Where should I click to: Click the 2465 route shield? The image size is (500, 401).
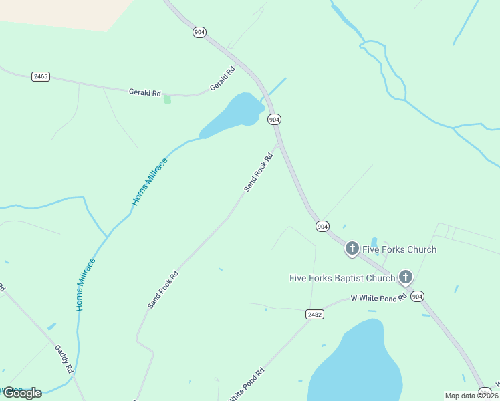pyautogui.click(x=41, y=76)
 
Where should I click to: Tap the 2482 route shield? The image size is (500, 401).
pyautogui.click(x=314, y=314)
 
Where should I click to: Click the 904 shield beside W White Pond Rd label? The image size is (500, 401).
pyautogui.click(x=418, y=296)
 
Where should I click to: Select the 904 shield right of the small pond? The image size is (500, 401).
pyautogui.click(x=274, y=119)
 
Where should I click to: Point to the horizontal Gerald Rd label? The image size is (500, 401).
pyautogui.click(x=144, y=92)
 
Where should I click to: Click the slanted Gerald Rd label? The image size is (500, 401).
pyautogui.click(x=223, y=78)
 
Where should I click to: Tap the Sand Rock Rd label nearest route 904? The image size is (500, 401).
pyautogui.click(x=259, y=172)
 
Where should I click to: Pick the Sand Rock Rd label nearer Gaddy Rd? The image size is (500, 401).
pyautogui.click(x=163, y=289)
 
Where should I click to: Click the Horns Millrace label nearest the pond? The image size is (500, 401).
pyautogui.click(x=149, y=181)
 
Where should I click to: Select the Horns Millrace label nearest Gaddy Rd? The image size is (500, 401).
pyautogui.click(x=85, y=284)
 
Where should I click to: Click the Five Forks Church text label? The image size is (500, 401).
pyautogui.click(x=399, y=249)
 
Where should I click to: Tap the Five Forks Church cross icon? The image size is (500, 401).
pyautogui.click(x=352, y=249)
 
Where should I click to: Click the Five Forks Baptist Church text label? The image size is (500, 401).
pyautogui.click(x=342, y=278)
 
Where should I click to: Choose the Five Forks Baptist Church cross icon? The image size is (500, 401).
pyautogui.click(x=405, y=277)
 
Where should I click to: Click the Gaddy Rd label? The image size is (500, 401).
pyautogui.click(x=64, y=359)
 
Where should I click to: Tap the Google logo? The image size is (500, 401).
pyautogui.click(x=22, y=392)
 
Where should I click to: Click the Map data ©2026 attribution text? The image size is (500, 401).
pyautogui.click(x=471, y=396)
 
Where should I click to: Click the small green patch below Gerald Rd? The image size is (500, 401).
pyautogui.click(x=167, y=99)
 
